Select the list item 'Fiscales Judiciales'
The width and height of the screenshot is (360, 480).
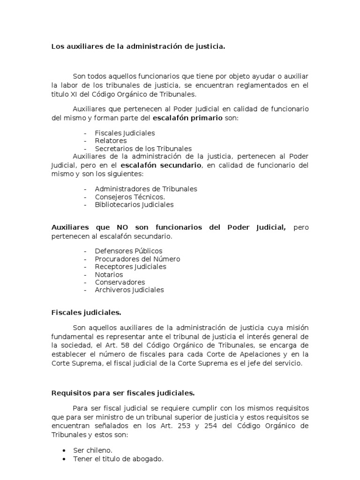point(125,133)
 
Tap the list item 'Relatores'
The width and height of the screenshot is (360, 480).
point(111,141)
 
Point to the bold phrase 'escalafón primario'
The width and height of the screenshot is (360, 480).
point(192,118)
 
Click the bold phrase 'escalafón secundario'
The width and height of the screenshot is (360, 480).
point(161,165)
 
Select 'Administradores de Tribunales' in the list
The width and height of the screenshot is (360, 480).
point(146,189)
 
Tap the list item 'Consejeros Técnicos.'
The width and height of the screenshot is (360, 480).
point(129,197)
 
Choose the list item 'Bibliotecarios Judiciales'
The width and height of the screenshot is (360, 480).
point(134,204)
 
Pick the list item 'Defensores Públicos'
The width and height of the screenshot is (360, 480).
point(128,251)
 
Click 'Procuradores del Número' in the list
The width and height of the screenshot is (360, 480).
point(137,259)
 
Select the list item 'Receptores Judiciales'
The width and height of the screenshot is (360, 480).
point(130,266)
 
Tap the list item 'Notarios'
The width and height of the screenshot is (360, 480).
point(109,274)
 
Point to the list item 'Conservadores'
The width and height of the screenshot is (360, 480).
point(120,282)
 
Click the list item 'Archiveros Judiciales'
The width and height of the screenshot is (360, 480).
point(129,290)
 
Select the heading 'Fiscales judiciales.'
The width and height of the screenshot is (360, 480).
point(86,312)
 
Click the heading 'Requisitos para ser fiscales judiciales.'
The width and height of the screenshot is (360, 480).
point(123,393)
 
